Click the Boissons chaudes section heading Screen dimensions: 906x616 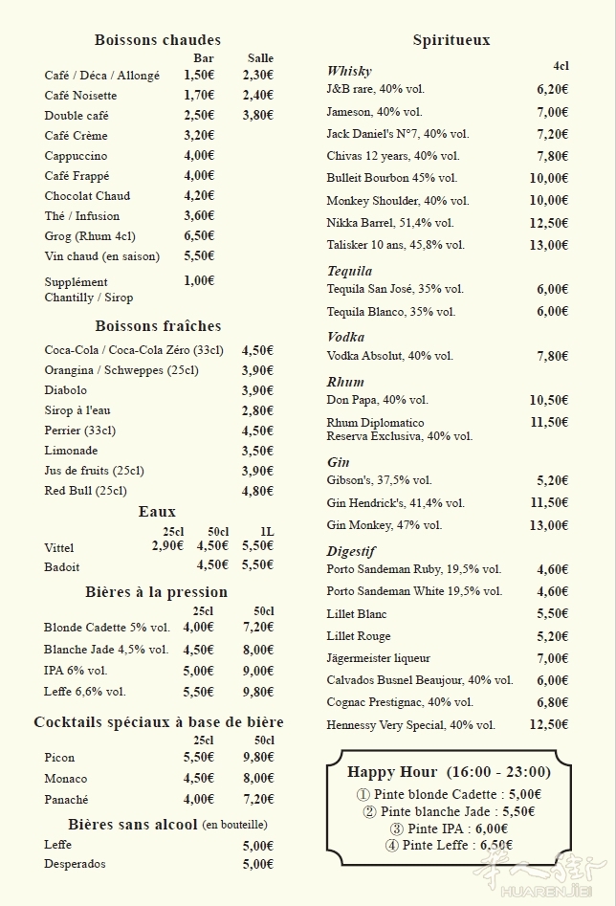(158, 40)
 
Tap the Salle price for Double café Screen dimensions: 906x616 (257, 116)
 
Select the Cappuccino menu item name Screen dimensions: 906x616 (76, 156)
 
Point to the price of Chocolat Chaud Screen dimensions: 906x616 (199, 196)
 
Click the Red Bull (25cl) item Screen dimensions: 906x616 (85, 491)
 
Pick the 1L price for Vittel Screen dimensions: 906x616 (257, 546)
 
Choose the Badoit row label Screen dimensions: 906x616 (62, 566)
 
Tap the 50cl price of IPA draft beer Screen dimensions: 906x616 (257, 671)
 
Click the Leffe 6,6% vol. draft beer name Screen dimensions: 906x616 (84, 691)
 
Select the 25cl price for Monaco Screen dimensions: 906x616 (199, 779)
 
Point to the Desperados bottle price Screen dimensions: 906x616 (257, 864)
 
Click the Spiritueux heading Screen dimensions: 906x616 (451, 40)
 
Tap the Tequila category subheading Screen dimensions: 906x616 (349, 272)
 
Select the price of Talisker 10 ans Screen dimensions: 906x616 (549, 245)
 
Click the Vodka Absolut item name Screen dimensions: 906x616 (389, 356)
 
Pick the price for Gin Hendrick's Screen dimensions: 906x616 (549, 503)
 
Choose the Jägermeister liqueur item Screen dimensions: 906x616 (378, 658)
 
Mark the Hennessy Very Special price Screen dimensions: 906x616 (549, 725)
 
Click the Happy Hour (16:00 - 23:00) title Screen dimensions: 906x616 (449, 772)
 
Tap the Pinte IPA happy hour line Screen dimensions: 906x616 (449, 829)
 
